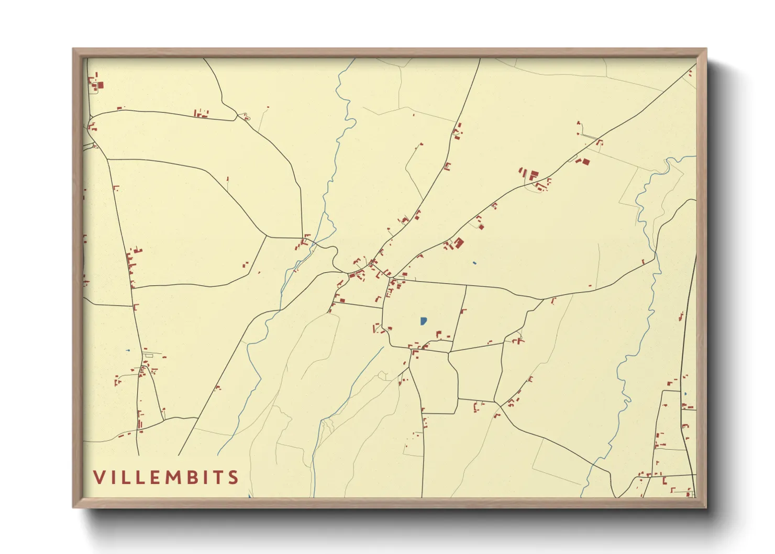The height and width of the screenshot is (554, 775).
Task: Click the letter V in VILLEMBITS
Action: click(x=99, y=477)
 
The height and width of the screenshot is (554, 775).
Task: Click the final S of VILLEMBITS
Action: click(x=234, y=477)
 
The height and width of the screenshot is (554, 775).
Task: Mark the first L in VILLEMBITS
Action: click(x=125, y=477)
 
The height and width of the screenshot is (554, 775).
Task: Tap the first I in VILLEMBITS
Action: click(x=112, y=477)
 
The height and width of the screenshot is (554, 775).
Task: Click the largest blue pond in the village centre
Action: click(x=423, y=320)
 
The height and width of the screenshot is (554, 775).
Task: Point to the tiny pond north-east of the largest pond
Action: click(x=474, y=263)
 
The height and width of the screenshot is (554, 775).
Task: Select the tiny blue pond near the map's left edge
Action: click(x=127, y=350)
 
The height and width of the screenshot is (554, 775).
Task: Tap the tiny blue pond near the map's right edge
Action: click(x=685, y=394)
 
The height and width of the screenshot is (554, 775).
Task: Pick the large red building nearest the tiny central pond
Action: click(x=459, y=242)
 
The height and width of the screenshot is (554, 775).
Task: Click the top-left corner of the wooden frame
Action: click(x=73, y=49)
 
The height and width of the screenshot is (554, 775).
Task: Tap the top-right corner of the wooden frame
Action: click(x=706, y=49)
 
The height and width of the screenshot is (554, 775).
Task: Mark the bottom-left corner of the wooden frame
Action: click(x=73, y=507)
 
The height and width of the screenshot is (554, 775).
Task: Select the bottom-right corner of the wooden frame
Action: click(x=706, y=507)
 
